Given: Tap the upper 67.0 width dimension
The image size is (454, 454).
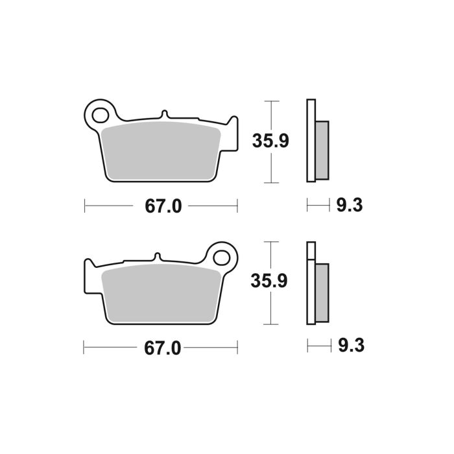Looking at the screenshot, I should [162, 207].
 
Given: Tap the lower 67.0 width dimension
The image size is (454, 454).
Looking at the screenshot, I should [162, 348].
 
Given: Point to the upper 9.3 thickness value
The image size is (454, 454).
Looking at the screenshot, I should [350, 207].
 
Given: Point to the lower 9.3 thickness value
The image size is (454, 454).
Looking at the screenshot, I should [350, 348].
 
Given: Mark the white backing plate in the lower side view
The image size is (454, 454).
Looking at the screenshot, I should [310, 285].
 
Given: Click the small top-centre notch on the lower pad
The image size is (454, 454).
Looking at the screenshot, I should [156, 257].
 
